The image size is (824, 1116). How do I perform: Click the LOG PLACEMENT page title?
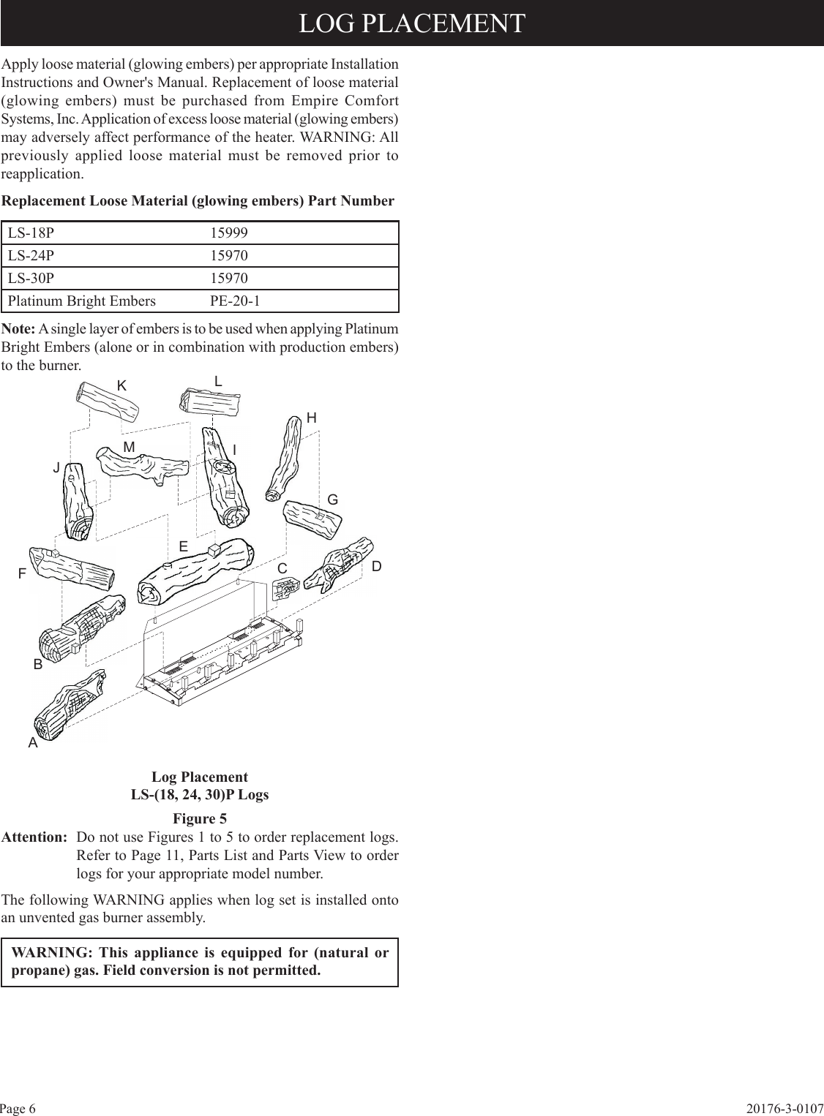411,23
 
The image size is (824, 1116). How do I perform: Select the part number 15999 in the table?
229,233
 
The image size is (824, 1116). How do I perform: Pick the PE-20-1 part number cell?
235,301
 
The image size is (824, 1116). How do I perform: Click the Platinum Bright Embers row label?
82,301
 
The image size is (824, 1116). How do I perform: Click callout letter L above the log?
218,381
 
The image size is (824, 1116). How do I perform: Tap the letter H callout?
312,418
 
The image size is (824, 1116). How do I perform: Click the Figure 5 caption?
199,818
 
